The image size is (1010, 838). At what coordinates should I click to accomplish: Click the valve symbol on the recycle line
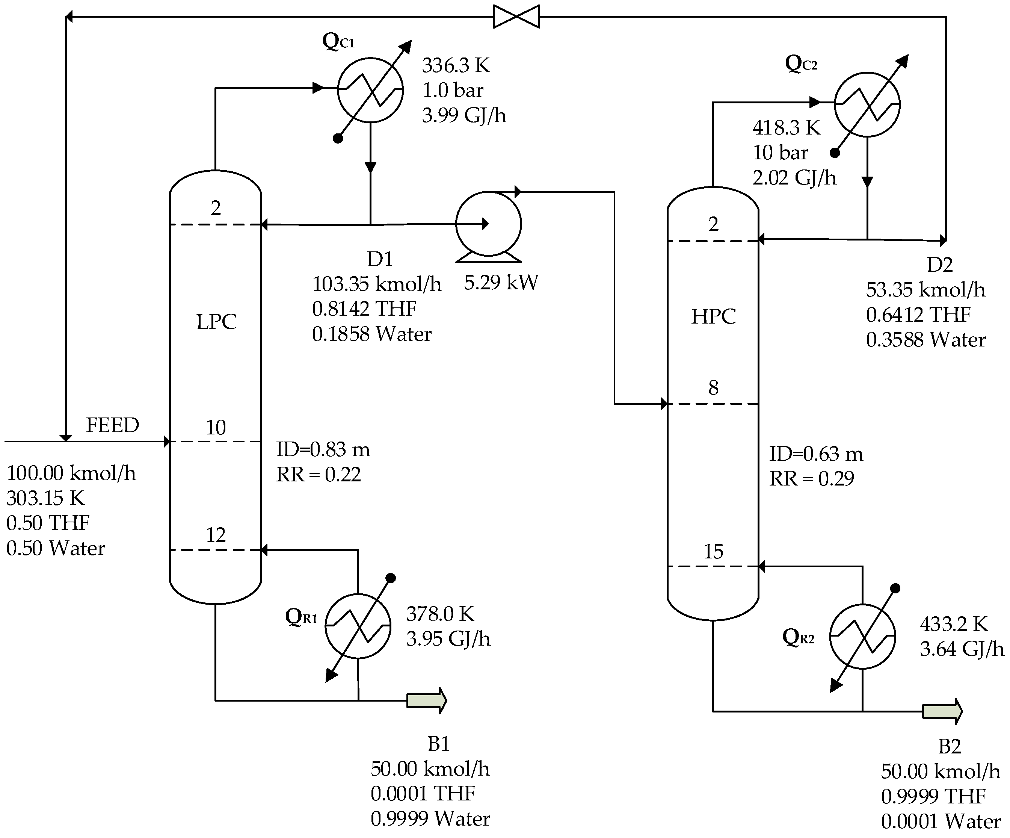(516, 17)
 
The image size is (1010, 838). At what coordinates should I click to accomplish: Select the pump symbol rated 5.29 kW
(488, 225)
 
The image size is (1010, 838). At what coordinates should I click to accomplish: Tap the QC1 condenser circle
(370, 90)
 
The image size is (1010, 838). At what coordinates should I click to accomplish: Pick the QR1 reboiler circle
(358, 625)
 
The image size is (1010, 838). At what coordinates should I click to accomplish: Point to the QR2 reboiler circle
(862, 636)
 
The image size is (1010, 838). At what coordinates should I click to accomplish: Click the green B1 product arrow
(427, 700)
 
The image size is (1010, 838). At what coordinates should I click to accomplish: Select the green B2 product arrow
(942, 711)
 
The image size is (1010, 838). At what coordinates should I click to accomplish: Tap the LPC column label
(216, 322)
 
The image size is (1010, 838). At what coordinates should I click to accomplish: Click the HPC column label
(713, 316)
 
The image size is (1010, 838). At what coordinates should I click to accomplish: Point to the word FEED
(113, 425)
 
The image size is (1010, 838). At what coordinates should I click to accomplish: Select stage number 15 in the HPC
(713, 551)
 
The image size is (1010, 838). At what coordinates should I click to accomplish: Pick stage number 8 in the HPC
(713, 388)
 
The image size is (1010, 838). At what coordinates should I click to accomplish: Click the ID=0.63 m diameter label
(816, 454)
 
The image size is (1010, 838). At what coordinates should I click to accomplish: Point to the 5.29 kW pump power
(501, 282)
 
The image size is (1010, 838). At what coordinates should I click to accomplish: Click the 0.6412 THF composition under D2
(918, 315)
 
